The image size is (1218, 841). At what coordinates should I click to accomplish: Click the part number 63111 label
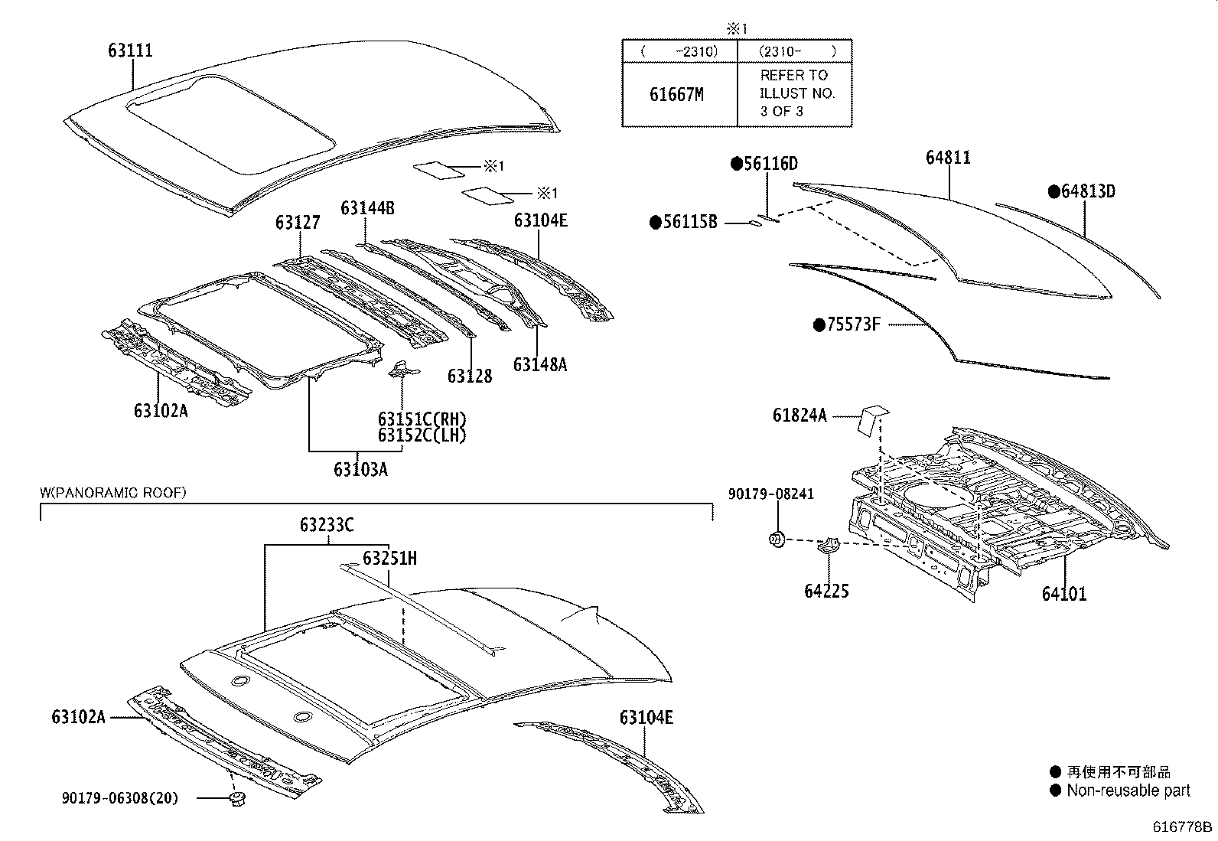click(x=130, y=51)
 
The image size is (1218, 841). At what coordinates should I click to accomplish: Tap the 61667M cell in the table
click(x=676, y=94)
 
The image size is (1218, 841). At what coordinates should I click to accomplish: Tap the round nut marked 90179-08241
click(x=776, y=539)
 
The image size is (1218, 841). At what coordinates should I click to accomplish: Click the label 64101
click(x=1063, y=593)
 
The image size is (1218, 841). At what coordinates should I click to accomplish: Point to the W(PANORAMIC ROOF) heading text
click(x=112, y=493)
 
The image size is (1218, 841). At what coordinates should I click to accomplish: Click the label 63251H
click(x=389, y=558)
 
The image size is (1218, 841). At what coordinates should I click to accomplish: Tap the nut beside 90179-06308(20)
click(x=237, y=800)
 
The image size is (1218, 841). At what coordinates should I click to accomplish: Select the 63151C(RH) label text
click(x=422, y=419)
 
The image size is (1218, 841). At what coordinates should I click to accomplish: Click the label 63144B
click(x=367, y=208)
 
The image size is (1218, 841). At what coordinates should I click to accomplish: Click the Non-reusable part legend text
click(x=1128, y=790)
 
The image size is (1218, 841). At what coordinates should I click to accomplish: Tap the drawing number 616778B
click(x=1183, y=826)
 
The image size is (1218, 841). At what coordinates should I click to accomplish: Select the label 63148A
click(x=539, y=364)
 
